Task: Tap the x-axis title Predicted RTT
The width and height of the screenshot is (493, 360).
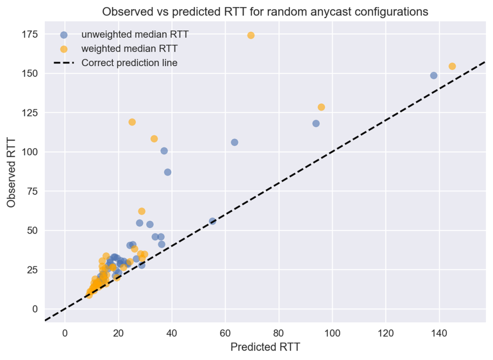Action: click(265, 347)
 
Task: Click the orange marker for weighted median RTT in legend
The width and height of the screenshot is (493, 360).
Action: click(64, 49)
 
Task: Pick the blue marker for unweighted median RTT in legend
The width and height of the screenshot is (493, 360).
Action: click(64, 35)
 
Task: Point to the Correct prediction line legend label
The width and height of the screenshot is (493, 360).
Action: click(129, 63)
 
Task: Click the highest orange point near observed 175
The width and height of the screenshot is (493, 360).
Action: click(251, 35)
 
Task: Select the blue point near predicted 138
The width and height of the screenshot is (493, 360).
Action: click(433, 76)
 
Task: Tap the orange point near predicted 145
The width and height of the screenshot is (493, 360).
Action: click(452, 66)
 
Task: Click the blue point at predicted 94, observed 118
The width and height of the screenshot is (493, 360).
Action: click(316, 123)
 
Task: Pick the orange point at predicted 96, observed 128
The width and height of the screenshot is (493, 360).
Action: click(321, 107)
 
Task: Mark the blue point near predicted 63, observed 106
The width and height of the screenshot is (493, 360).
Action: click(234, 142)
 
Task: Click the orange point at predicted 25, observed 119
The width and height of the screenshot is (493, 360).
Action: click(132, 122)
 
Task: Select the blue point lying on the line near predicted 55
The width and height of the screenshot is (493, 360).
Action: click(212, 221)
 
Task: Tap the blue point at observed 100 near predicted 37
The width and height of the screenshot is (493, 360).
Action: click(164, 151)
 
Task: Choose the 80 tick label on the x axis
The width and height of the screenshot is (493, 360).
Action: click(278, 332)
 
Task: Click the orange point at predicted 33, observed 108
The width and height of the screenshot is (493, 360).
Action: click(154, 139)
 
